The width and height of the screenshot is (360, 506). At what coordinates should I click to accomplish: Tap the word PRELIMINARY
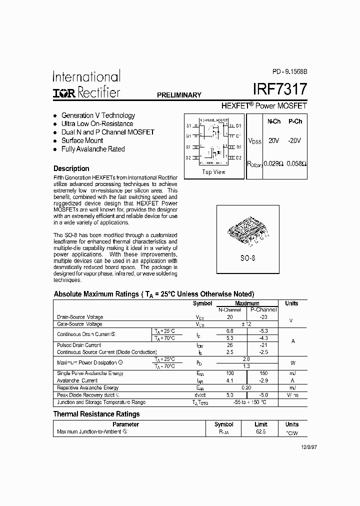(179, 95)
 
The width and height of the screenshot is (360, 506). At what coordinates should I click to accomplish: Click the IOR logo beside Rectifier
(63, 93)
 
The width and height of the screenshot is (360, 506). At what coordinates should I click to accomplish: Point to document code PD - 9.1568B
(286, 71)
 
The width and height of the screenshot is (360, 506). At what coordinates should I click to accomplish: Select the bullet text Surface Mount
(82, 140)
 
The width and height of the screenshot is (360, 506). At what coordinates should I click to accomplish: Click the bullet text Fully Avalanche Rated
(92, 149)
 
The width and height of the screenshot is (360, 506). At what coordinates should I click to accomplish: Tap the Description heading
(71, 168)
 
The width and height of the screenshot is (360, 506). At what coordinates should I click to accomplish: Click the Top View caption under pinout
(213, 172)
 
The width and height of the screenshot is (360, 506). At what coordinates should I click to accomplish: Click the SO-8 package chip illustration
(247, 232)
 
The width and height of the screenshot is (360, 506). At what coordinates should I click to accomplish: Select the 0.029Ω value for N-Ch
(273, 163)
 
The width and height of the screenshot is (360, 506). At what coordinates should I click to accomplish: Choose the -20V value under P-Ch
(295, 140)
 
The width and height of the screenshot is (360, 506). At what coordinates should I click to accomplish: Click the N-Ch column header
(273, 121)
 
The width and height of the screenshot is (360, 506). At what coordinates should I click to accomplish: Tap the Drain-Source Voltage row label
(80, 317)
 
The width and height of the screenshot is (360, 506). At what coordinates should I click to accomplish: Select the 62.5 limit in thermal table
(260, 431)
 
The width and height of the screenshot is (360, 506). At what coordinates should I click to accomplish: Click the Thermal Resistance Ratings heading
(96, 414)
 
